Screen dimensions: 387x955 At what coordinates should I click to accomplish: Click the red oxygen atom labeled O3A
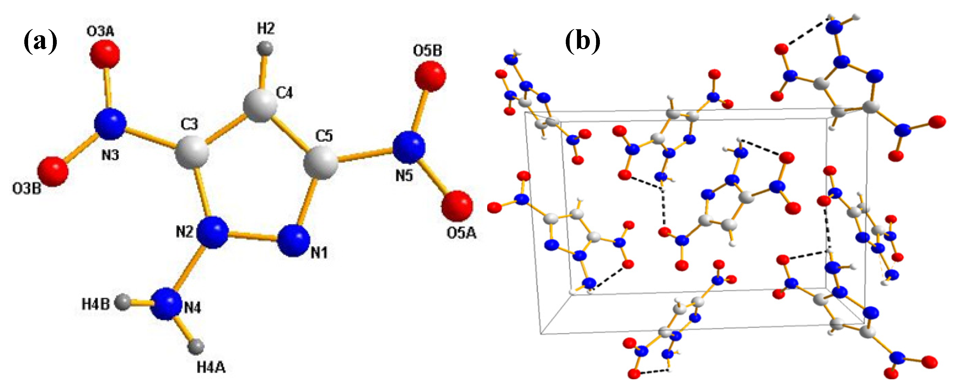[x=105, y=54]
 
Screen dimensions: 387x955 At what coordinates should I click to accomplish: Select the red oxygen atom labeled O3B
[x=53, y=172]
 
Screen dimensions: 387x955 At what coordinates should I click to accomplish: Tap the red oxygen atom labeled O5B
[x=430, y=76]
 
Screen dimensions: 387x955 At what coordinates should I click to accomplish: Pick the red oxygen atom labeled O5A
[x=457, y=206]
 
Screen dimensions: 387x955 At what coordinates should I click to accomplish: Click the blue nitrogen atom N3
[x=110, y=124]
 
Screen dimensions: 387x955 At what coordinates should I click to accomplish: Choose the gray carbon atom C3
[x=192, y=152]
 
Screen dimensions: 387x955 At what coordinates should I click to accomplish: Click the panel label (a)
[x=40, y=42]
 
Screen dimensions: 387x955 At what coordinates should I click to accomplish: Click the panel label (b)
[x=582, y=42]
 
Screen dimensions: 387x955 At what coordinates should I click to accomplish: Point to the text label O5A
[x=461, y=233]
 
